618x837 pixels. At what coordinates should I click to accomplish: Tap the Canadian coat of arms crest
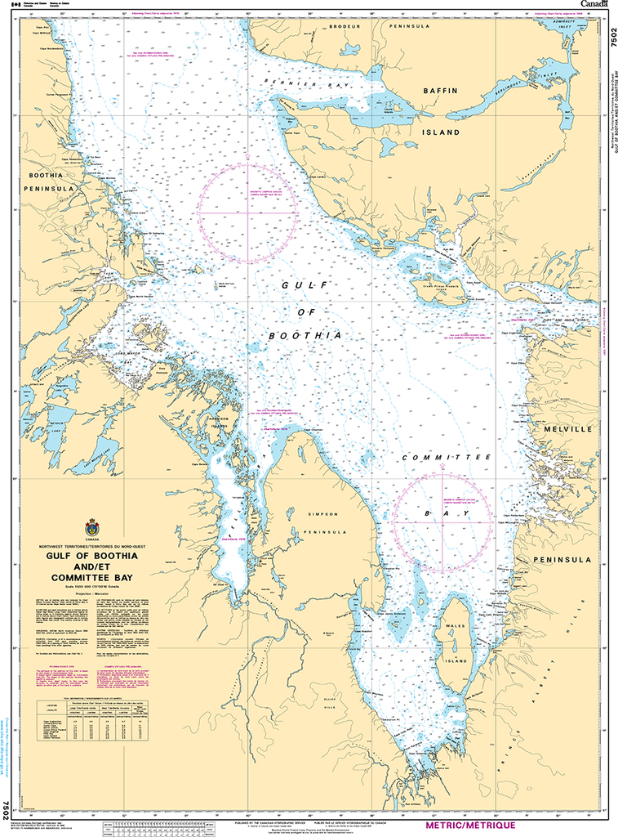pyautogui.click(x=91, y=527)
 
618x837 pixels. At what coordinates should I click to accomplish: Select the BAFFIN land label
pyautogui.click(x=439, y=91)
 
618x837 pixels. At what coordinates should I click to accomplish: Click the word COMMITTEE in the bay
pyautogui.click(x=446, y=459)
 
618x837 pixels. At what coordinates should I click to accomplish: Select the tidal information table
pyautogui.click(x=82, y=719)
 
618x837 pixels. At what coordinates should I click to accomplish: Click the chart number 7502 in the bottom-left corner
pyautogui.click(x=7, y=811)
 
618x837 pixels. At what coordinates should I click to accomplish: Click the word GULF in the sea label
pyautogui.click(x=300, y=284)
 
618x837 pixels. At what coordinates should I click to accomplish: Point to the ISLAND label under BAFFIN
pyautogui.click(x=442, y=132)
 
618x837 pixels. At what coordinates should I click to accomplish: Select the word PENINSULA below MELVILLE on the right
pyautogui.click(x=562, y=560)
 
